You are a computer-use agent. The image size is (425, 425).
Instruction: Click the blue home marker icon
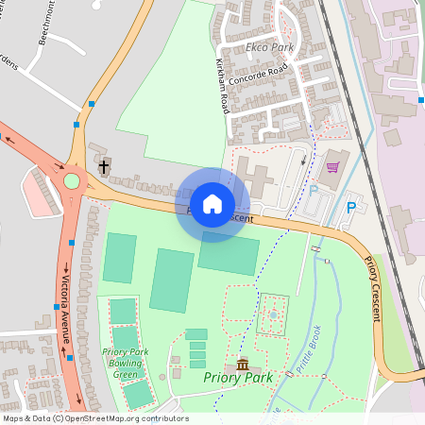(212, 204)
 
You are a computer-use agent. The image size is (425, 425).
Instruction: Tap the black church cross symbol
(102, 167)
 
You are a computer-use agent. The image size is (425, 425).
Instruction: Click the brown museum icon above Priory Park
(243, 364)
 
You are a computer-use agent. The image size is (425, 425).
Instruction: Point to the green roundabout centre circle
(72, 179)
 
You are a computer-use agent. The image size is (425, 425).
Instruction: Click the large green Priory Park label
(237, 378)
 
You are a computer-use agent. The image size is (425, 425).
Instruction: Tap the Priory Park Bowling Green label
(127, 364)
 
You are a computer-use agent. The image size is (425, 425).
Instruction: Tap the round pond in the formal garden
(274, 314)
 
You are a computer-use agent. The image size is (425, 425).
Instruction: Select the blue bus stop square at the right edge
(422, 98)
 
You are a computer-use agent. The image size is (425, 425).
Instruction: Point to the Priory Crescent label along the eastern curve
(372, 294)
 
